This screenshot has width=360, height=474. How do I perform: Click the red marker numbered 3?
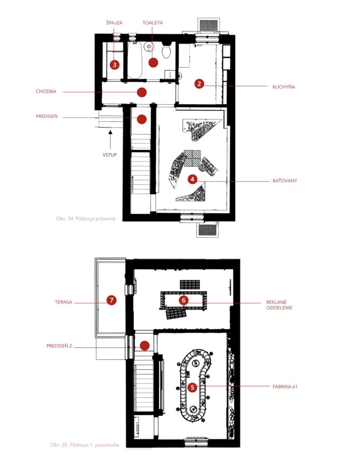[x=115, y=64]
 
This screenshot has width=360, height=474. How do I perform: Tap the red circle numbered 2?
[x=199, y=83]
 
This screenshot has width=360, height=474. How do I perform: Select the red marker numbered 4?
[x=193, y=179]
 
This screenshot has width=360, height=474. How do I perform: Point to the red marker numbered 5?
[x=193, y=387]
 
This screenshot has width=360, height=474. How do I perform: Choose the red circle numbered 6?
[x=184, y=300]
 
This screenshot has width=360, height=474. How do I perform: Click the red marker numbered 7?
[x=111, y=300]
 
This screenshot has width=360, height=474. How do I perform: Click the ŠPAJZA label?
[x=114, y=23]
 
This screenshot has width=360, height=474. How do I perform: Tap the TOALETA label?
[x=152, y=23]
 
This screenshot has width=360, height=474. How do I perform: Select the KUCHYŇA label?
[x=284, y=87]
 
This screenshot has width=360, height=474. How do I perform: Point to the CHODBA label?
[x=46, y=91]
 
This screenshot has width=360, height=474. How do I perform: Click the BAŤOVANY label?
[x=285, y=181]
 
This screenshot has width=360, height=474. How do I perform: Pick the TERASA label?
[x=64, y=302]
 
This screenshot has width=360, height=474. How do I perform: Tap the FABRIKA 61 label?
[x=285, y=386]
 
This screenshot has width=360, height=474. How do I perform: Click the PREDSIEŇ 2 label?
[x=59, y=346]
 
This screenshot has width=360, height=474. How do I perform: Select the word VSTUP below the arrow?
[x=110, y=155]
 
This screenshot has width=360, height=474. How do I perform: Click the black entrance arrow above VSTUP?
[x=111, y=139]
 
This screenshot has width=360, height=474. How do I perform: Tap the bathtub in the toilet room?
[x=135, y=60]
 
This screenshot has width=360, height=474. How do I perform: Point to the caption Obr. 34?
[x=86, y=219]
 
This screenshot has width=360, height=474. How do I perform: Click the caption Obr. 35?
[x=85, y=445]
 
